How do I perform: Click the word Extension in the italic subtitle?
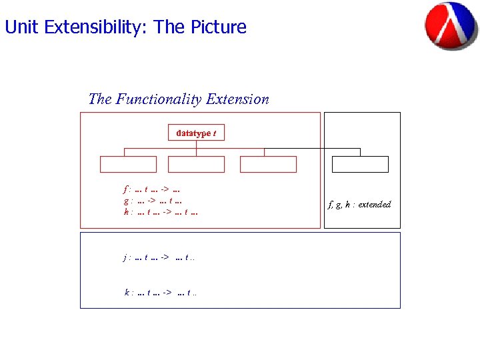pos(237,99)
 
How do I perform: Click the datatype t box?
pos(196,133)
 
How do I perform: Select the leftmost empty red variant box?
pos(128,165)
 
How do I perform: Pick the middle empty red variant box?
pos(196,165)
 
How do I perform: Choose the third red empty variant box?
pos(268,165)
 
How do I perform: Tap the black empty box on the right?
pos(360,165)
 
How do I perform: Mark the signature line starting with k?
pos(160,292)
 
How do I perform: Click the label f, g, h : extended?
pos(359,205)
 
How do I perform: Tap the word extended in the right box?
pos(374,205)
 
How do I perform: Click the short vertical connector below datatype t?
pos(196,144)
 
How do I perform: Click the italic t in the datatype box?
pos(214,133)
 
